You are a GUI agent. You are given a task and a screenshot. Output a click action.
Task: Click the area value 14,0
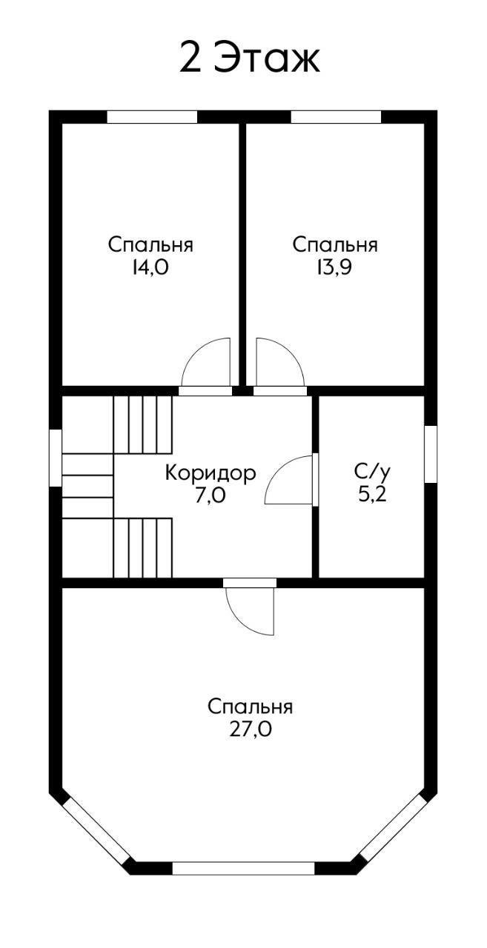tap(150, 268)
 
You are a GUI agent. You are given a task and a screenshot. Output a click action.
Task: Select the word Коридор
tap(211, 473)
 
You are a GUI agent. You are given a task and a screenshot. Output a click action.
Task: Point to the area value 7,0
tap(211, 495)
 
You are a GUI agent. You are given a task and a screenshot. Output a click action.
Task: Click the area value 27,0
tap(251, 730)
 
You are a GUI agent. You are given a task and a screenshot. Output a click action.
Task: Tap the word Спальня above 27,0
tap(251, 707)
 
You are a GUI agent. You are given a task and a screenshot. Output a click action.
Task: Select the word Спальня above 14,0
tap(150, 245)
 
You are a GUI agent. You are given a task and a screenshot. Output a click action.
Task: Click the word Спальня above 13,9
tap(335, 245)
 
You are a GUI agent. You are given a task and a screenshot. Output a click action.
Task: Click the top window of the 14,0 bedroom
tap(152, 117)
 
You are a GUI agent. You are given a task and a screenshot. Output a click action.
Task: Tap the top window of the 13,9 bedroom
tap(336, 117)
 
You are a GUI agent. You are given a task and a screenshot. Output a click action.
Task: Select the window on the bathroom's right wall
tap(430, 454)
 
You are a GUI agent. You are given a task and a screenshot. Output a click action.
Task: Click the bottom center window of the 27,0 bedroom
tap(244, 868)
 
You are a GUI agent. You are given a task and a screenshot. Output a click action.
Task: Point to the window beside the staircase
tap(55, 458)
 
